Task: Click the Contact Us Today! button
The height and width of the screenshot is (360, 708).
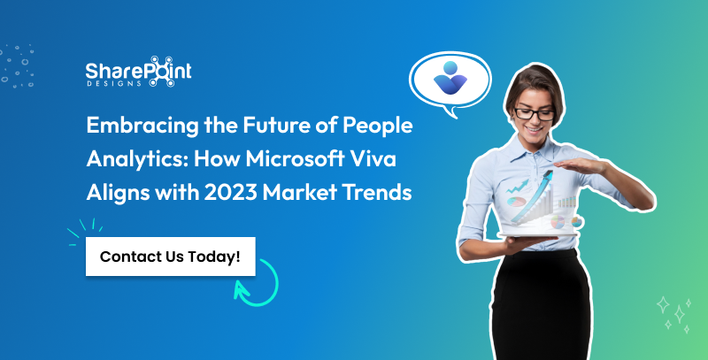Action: [x=170, y=257]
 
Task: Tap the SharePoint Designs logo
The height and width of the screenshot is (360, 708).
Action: [x=138, y=75]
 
